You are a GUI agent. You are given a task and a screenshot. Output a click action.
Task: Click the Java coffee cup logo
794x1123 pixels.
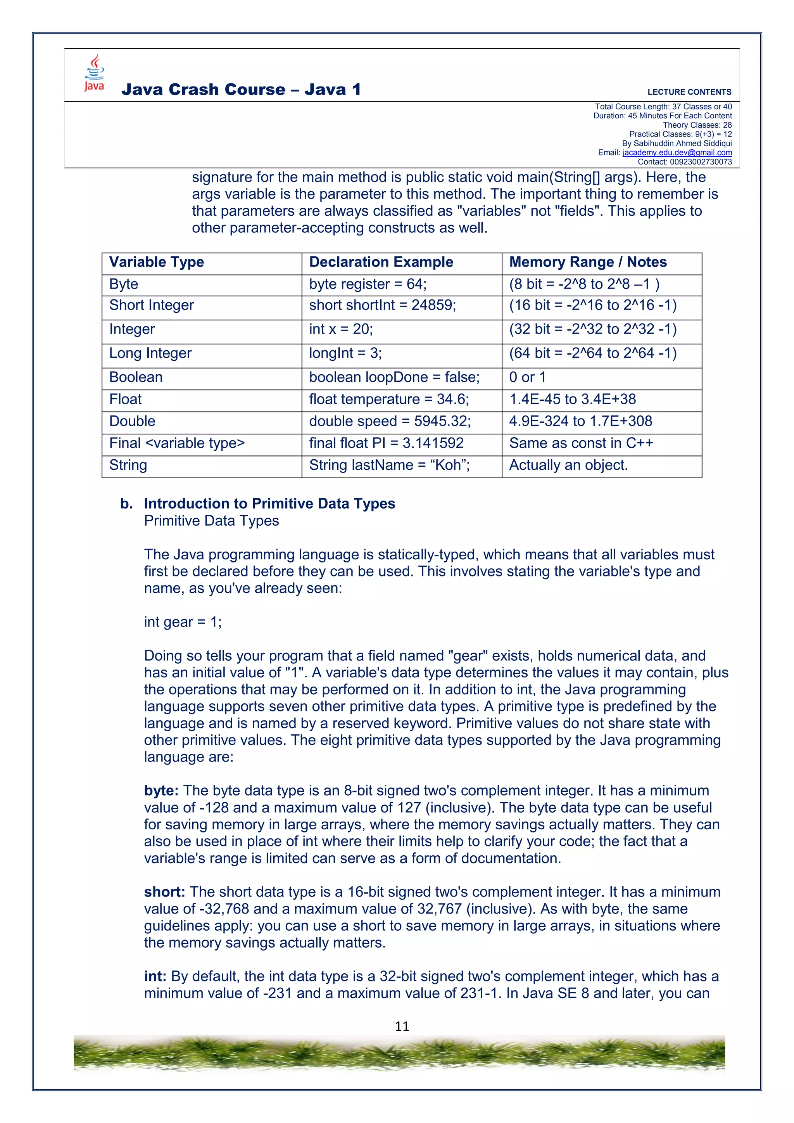(x=94, y=73)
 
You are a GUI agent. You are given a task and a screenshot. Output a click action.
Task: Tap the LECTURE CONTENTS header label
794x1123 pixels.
(x=689, y=92)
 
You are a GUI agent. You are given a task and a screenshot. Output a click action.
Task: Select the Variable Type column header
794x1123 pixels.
(x=157, y=262)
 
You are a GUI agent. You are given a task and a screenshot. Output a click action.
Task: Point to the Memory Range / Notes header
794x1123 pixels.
(x=588, y=262)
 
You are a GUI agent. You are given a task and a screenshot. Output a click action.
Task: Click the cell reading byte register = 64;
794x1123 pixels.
(x=368, y=284)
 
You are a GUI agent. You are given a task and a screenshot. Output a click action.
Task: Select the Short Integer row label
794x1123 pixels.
(x=152, y=305)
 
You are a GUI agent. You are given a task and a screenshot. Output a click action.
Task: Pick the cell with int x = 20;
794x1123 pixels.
(x=341, y=329)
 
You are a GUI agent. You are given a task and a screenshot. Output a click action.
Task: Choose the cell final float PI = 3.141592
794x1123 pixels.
(x=386, y=443)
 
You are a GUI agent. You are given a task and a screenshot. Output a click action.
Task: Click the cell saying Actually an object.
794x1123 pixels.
(x=568, y=465)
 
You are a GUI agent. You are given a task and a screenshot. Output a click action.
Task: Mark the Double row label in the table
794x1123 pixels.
(x=132, y=421)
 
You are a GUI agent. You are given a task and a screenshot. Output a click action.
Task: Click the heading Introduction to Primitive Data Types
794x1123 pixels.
(x=269, y=504)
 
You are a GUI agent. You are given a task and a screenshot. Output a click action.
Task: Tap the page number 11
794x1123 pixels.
(x=402, y=1026)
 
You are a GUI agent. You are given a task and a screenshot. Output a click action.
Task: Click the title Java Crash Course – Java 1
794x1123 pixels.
(x=241, y=90)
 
